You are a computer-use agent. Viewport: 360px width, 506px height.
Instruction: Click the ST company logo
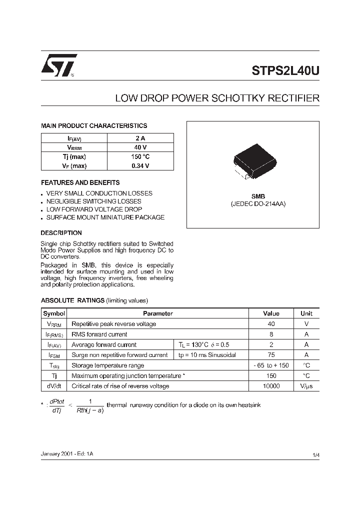[x=58, y=65]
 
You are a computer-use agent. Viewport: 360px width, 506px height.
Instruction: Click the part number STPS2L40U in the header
[x=285, y=70]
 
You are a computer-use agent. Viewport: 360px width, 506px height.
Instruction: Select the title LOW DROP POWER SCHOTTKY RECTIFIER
[x=217, y=98]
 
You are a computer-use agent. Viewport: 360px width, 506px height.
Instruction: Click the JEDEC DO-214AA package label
[x=258, y=204]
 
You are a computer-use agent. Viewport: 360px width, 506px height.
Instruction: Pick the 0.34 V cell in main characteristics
[x=140, y=166]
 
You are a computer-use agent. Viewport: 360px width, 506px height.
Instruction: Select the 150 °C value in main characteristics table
[x=140, y=156]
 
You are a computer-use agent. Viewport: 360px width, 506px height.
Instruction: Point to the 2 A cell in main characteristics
[x=140, y=138]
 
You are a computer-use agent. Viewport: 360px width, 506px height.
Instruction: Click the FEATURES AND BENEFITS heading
[x=80, y=182]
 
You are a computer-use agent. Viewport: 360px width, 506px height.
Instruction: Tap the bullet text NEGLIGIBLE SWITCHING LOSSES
[x=93, y=201]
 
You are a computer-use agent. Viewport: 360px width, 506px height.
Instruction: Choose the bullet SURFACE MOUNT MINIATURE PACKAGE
[x=105, y=217]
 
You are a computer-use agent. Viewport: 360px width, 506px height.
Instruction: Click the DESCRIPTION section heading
[x=61, y=232]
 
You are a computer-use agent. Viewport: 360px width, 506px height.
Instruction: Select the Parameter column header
[x=158, y=313]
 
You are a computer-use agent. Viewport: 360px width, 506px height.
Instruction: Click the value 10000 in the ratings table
[x=271, y=386]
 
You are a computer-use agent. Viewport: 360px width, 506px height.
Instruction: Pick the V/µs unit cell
[x=306, y=386]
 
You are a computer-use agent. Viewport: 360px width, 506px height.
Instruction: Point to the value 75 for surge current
[x=271, y=355]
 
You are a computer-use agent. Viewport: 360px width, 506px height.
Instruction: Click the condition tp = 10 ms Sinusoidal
[x=206, y=355]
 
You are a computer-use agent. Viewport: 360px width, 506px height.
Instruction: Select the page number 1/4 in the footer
[x=315, y=454]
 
